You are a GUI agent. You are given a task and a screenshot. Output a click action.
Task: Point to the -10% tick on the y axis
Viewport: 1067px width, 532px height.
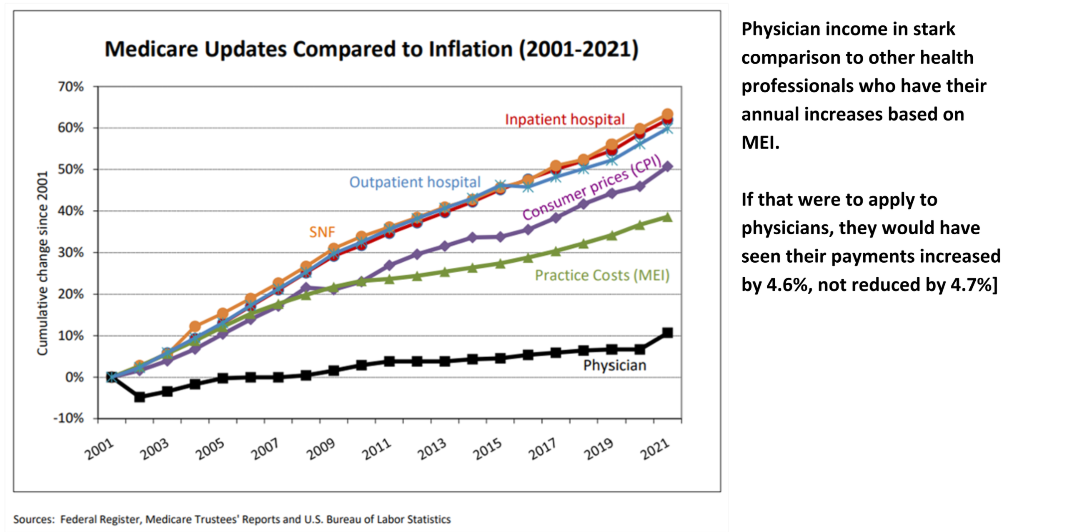point(69,418)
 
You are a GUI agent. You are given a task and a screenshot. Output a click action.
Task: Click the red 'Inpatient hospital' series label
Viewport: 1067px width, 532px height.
point(565,120)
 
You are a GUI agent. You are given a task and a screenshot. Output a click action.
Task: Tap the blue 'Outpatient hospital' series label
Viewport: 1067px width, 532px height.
point(415,182)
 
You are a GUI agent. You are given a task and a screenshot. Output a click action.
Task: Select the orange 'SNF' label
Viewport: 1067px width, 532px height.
point(322,232)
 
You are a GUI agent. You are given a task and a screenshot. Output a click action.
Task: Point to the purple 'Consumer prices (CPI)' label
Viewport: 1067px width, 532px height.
point(592,188)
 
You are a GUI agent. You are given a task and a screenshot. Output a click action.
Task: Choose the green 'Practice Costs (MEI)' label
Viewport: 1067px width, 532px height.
point(602,275)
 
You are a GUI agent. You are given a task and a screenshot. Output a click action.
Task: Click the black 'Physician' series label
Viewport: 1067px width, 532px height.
point(614,365)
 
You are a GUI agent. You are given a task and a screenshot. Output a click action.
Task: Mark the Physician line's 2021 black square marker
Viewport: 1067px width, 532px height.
point(667,333)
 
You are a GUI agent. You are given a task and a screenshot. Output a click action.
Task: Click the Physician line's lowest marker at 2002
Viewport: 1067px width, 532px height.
point(140,397)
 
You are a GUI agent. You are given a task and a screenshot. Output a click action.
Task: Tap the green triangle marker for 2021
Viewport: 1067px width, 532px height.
point(667,217)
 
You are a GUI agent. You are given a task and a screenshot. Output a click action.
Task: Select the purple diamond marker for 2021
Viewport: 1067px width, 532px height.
point(667,167)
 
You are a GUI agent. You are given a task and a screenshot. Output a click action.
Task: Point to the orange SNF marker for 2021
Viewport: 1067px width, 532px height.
point(667,114)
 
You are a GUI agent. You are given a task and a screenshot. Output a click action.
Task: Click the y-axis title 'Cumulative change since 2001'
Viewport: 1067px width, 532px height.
point(43,263)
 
